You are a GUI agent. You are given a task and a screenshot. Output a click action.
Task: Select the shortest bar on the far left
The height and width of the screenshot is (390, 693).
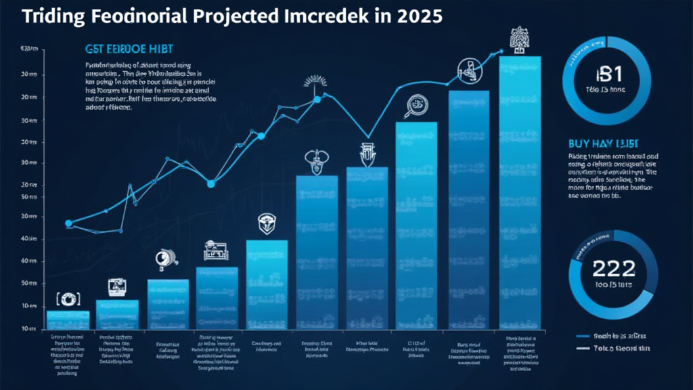coord(68,320)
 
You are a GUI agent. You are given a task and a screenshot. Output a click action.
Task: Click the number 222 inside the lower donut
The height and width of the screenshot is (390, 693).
coord(613,269)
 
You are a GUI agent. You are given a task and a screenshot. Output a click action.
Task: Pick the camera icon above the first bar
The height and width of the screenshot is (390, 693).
coord(68,298)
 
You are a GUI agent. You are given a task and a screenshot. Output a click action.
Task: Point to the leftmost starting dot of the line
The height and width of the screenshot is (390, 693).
coord(68,223)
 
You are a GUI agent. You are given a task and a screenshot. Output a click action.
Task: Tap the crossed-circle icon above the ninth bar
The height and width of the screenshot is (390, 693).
coord(468,68)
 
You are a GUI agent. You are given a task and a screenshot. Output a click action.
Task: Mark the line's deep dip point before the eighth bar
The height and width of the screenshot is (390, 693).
coord(366,137)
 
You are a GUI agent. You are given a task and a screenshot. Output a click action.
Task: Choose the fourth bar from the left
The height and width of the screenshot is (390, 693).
coord(217,298)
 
